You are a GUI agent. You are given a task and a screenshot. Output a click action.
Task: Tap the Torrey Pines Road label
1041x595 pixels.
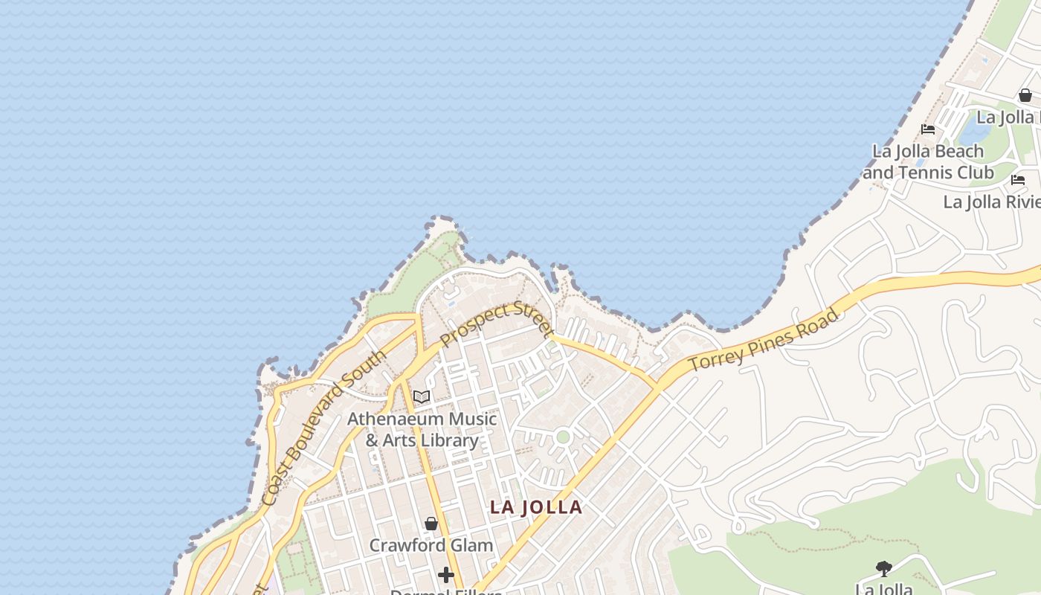click(x=764, y=341)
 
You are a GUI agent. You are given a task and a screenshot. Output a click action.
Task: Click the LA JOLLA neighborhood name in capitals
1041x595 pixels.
click(x=536, y=507)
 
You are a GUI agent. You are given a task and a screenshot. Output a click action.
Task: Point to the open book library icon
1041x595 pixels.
click(x=422, y=397)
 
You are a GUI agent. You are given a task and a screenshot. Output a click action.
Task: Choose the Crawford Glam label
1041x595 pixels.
click(x=431, y=545)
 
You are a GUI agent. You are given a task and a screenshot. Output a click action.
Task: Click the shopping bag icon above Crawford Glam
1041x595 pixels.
click(x=431, y=524)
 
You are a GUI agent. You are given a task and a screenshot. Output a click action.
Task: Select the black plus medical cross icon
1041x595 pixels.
click(x=446, y=575)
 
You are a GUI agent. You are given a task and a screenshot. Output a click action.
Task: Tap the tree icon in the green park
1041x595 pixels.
click(x=883, y=570)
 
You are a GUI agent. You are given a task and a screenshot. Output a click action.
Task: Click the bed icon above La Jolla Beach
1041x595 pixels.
click(x=927, y=129)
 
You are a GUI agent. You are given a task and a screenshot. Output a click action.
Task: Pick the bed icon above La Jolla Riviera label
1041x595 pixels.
click(x=1018, y=180)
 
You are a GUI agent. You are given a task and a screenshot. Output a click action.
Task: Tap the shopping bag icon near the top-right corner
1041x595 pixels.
click(x=1025, y=95)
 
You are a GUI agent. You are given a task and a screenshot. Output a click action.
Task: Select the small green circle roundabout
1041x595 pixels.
click(x=563, y=437)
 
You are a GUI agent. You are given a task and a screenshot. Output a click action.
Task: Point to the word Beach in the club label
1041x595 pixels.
click(x=958, y=151)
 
